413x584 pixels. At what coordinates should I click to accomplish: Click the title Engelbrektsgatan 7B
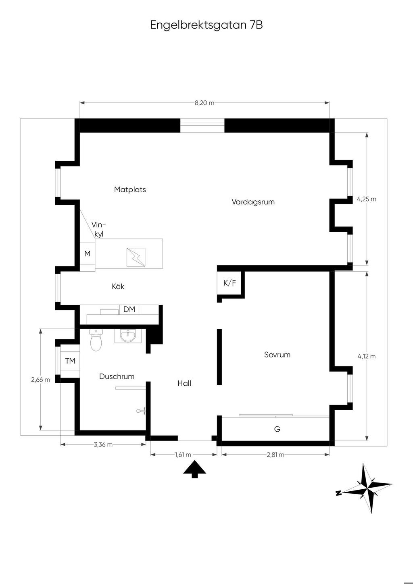tap(206, 25)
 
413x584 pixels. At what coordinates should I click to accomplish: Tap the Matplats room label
tap(130, 189)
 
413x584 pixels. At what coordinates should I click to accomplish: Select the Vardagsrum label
tap(253, 202)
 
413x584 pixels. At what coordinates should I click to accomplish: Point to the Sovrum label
tap(277, 355)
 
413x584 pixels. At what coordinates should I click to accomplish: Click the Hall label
tap(184, 383)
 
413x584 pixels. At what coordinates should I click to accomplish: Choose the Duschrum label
tap(117, 376)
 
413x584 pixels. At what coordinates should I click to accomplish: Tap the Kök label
tap(118, 287)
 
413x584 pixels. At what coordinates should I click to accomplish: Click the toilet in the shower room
tap(96, 340)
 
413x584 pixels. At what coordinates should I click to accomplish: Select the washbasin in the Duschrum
tap(127, 336)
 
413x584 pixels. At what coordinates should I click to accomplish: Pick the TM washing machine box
tap(70, 361)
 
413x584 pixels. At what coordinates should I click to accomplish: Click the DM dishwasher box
tap(129, 310)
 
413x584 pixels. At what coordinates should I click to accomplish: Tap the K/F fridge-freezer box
tap(229, 283)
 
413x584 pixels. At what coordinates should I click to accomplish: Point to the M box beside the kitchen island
tap(88, 254)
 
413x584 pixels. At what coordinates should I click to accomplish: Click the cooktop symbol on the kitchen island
tap(136, 257)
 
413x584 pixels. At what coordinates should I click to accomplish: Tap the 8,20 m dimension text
tap(204, 103)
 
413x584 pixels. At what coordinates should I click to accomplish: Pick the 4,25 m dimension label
tap(367, 199)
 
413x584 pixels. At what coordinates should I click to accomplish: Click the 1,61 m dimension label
tap(183, 455)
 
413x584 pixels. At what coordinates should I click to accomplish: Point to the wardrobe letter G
tap(277, 429)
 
